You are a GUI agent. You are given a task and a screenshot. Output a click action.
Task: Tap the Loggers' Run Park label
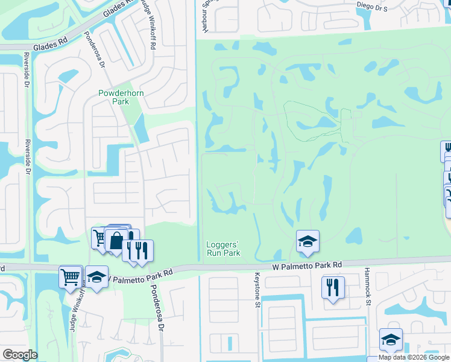(x=224, y=248)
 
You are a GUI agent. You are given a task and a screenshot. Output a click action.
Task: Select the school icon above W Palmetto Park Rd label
(x=307, y=242)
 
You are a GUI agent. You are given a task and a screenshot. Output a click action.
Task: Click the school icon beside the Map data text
(x=391, y=340)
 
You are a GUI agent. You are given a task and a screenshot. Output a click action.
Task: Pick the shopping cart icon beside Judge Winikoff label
(x=71, y=277)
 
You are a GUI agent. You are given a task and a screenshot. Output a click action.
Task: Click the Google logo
(x=19, y=355)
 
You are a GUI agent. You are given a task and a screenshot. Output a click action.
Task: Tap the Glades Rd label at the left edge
(x=50, y=43)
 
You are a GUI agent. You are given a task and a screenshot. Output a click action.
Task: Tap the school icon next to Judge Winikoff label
(x=96, y=277)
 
